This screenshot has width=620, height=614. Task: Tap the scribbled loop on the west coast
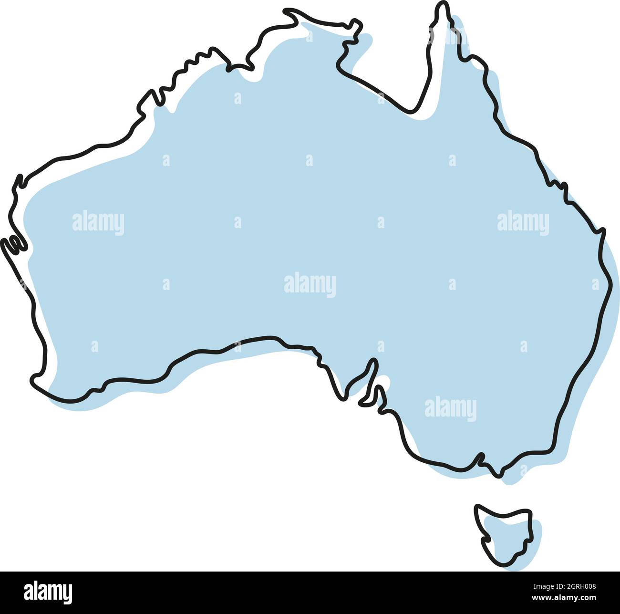coord(13,245)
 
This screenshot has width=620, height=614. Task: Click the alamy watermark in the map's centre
coord(310,285)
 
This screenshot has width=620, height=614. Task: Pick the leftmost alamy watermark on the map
coord(98,223)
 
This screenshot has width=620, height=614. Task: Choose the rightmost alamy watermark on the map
coord(523,223)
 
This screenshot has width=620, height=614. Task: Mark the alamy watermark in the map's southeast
coord(450,408)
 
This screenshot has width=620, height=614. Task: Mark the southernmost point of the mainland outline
coord(498,475)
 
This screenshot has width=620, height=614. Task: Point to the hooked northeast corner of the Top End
coord(355,24)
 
